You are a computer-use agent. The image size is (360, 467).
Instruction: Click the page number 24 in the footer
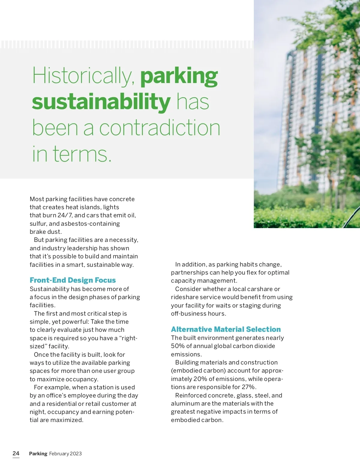pyautogui.click(x=16, y=453)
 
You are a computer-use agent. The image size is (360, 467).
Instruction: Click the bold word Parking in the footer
pyautogui.click(x=38, y=454)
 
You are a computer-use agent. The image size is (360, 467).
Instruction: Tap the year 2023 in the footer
pyautogui.click(x=76, y=454)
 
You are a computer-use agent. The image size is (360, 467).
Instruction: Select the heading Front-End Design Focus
pyautogui.click(x=73, y=280)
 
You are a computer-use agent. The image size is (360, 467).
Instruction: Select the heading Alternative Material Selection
pyautogui.click(x=226, y=329)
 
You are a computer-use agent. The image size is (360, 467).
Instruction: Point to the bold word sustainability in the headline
pyautogui.click(x=101, y=102)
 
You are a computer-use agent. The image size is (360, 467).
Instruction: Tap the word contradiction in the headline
pyautogui.click(x=160, y=128)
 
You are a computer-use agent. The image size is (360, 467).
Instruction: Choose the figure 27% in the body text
pyautogui.click(x=249, y=387)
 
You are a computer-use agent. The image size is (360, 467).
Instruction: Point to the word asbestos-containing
pyautogui.click(x=90, y=224)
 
